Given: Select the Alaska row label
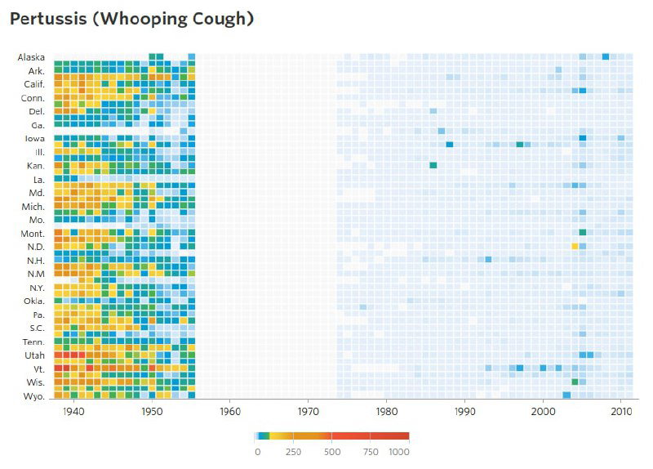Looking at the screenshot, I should (31, 57).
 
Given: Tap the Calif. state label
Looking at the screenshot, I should (33, 84).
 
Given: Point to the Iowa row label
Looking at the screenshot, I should (34, 139).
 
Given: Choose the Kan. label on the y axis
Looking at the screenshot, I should (35, 166).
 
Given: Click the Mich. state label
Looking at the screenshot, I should (33, 207).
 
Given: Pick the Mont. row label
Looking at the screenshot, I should (33, 234).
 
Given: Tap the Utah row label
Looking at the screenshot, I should (35, 356).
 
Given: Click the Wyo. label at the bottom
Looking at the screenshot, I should (34, 397).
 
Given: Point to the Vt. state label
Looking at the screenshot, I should (38, 369).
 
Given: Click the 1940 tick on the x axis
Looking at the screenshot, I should (73, 412).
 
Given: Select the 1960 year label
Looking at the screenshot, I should (230, 412).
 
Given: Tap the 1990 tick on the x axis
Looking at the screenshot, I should (465, 412).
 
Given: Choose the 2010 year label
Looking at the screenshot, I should (622, 412).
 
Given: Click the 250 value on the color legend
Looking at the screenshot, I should (293, 451).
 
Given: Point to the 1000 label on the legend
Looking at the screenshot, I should (399, 451).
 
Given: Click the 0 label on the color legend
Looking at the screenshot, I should (257, 451).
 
